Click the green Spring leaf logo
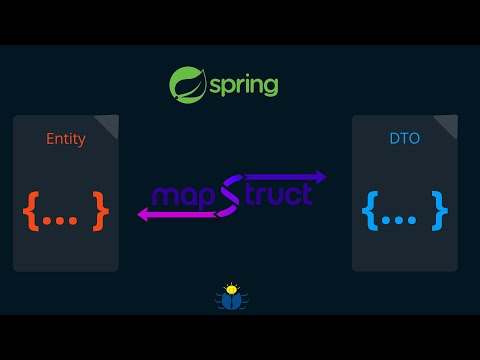(187, 84)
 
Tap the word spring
(243, 86)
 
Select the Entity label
(66, 139)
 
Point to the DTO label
(405, 139)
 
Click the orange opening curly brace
(29, 209)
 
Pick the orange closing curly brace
(100, 209)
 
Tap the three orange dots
(64, 213)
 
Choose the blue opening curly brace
(369, 209)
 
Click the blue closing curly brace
(440, 209)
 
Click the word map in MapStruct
(183, 195)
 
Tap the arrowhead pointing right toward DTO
(320, 178)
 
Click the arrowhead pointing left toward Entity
(143, 213)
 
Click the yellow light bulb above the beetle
(232, 287)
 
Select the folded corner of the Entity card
(108, 124)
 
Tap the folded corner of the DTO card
(447, 124)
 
